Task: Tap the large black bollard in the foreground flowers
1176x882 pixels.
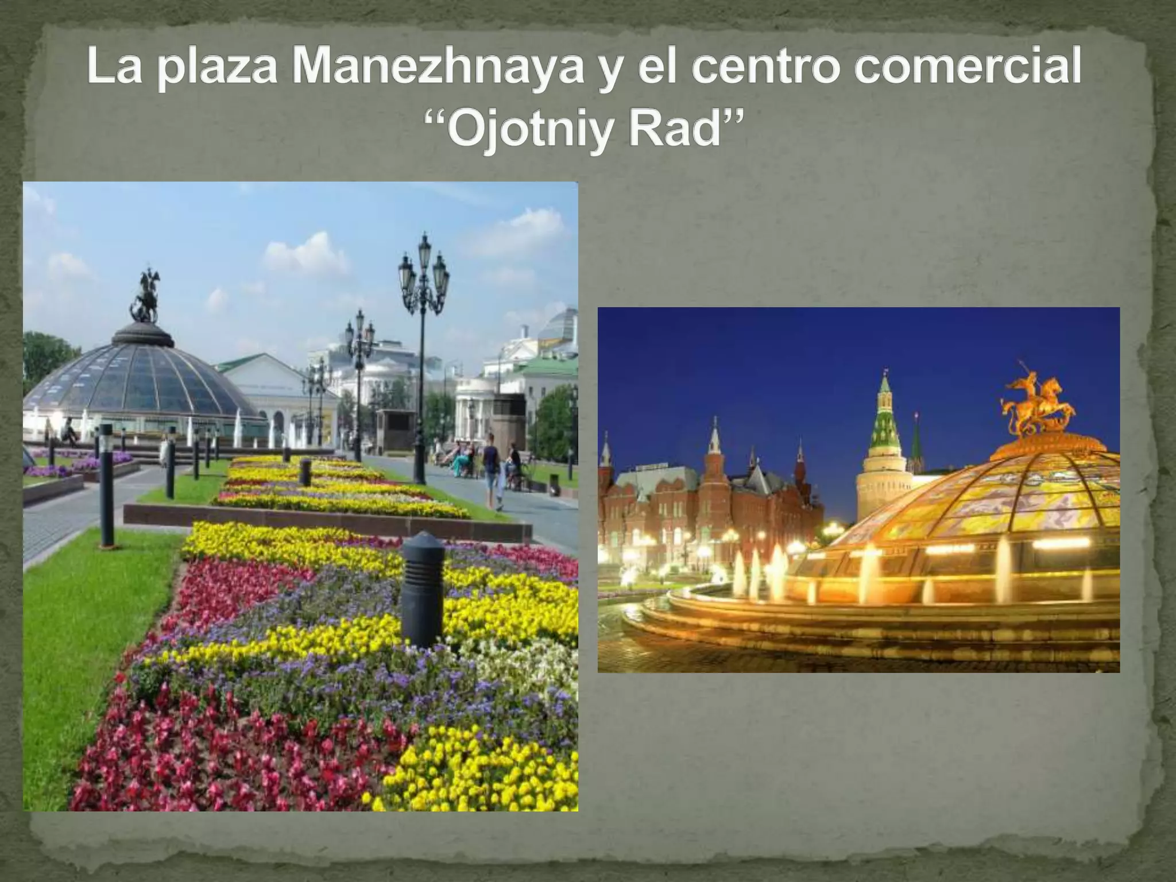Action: (x=422, y=588)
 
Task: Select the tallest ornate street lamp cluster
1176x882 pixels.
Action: (x=423, y=276)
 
